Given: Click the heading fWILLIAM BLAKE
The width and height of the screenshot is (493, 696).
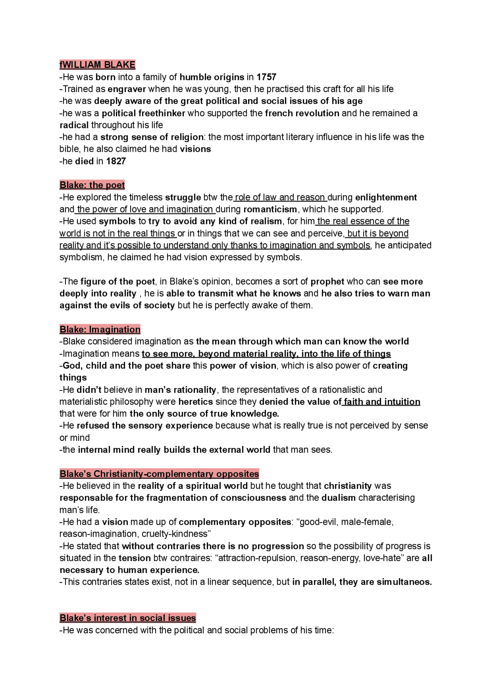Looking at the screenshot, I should pyautogui.click(x=97, y=65).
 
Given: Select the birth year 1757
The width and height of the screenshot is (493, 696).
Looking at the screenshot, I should pyautogui.click(x=267, y=77).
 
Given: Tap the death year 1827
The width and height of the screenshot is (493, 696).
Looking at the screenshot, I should pyautogui.click(x=116, y=161).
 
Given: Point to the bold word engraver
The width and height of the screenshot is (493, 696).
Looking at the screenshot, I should pyautogui.click(x=127, y=89).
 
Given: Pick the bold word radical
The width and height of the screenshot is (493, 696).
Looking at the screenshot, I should pyautogui.click(x=74, y=125).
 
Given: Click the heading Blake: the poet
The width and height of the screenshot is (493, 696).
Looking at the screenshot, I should pyautogui.click(x=92, y=185).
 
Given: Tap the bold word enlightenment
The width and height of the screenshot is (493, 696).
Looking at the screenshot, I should pyautogui.click(x=386, y=197).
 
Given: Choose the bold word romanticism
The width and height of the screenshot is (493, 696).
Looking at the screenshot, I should pyautogui.click(x=270, y=209).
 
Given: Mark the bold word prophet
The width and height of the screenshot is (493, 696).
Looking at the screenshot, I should pyautogui.click(x=327, y=281).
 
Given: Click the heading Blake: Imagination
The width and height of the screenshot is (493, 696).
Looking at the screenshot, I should pyautogui.click(x=100, y=330).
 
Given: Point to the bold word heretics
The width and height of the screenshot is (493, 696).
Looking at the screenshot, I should pyautogui.click(x=196, y=402).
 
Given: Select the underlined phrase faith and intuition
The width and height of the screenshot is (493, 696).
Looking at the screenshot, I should pyautogui.click(x=382, y=402).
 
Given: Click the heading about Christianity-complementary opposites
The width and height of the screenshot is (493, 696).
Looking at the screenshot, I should pyautogui.click(x=159, y=474).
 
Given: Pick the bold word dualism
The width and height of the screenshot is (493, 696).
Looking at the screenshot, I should pyautogui.click(x=339, y=498).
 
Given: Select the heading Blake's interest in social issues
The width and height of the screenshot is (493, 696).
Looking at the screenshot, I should pyautogui.click(x=127, y=618).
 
